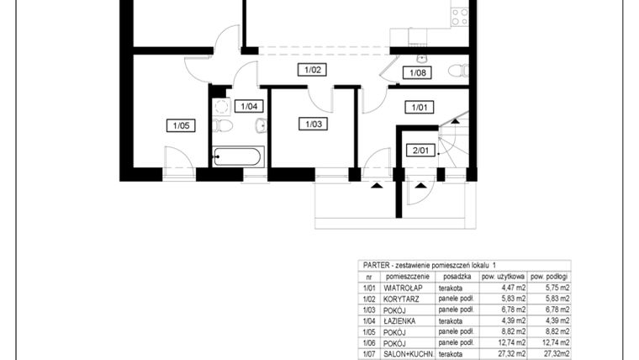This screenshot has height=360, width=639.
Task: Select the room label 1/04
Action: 249,106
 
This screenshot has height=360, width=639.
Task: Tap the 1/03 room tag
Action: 311,124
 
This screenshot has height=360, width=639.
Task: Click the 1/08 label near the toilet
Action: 418,73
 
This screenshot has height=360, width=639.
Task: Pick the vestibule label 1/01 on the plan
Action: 419,107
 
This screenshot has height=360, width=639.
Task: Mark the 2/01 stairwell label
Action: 418,151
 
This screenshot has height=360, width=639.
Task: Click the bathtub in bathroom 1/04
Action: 239,156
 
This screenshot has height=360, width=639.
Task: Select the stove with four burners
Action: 459,14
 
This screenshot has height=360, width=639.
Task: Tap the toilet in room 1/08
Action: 457,71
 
